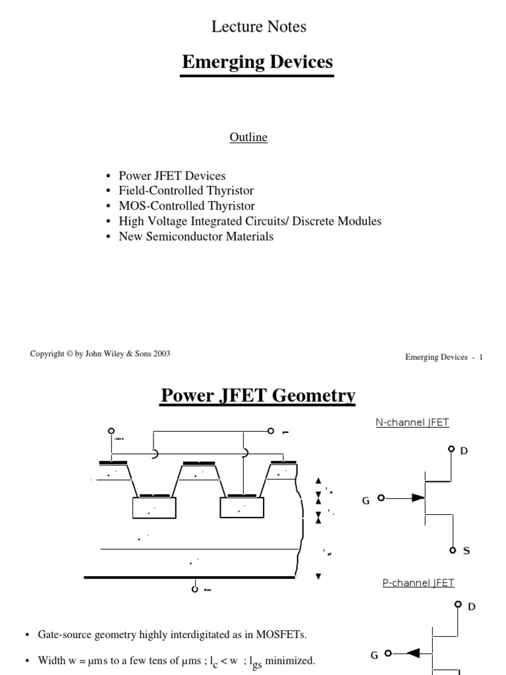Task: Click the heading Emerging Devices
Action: coord(257,63)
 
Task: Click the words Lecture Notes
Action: coord(258,27)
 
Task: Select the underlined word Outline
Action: coord(248,137)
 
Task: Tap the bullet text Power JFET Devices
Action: coord(172,176)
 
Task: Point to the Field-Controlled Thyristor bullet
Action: coord(186,191)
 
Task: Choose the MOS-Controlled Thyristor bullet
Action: coord(186,206)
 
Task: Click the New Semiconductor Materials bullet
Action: coord(196,236)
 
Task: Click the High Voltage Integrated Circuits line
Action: coord(250,221)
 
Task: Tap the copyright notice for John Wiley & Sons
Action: coord(100,354)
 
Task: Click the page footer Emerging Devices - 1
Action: coord(444,357)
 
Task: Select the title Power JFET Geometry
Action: coord(258,396)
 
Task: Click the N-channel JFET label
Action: coord(412,423)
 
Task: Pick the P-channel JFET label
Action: coord(418,583)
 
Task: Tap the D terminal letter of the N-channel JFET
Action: coord(464,451)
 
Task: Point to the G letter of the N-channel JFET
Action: coord(366,501)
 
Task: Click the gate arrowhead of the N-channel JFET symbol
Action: coord(418,498)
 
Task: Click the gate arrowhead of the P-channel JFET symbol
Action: coord(414,653)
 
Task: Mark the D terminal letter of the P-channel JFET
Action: coord(471,606)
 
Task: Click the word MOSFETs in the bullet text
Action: coord(283,635)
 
